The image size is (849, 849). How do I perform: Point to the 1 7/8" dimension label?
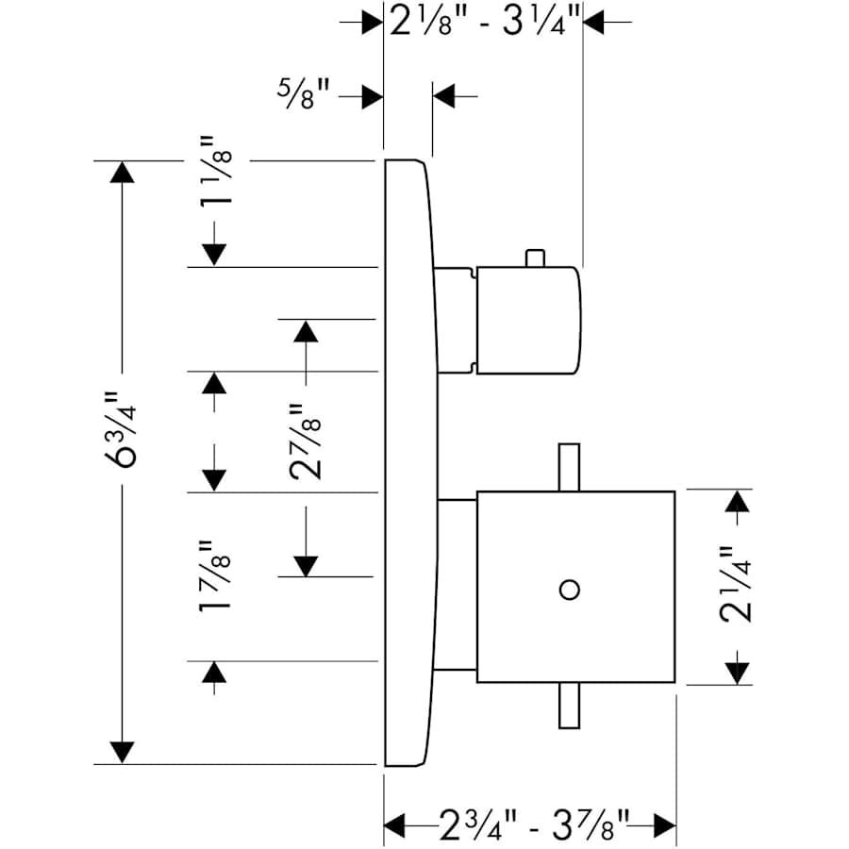click(x=215, y=577)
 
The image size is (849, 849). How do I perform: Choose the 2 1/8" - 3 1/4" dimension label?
click(x=483, y=22)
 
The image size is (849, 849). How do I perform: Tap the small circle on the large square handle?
click(x=568, y=591)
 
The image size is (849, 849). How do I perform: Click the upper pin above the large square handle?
click(x=568, y=467)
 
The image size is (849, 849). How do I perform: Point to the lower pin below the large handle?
click(x=568, y=706)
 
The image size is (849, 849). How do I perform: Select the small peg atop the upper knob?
click(x=535, y=258)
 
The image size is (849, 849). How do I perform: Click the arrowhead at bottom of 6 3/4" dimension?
click(x=121, y=752)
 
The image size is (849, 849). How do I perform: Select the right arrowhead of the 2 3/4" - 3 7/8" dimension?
click(x=665, y=825)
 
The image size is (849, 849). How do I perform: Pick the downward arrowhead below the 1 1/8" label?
click(x=215, y=254)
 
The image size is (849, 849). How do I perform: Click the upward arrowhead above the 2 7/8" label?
click(x=304, y=331)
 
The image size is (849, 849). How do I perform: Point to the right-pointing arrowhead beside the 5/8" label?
click(x=371, y=96)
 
